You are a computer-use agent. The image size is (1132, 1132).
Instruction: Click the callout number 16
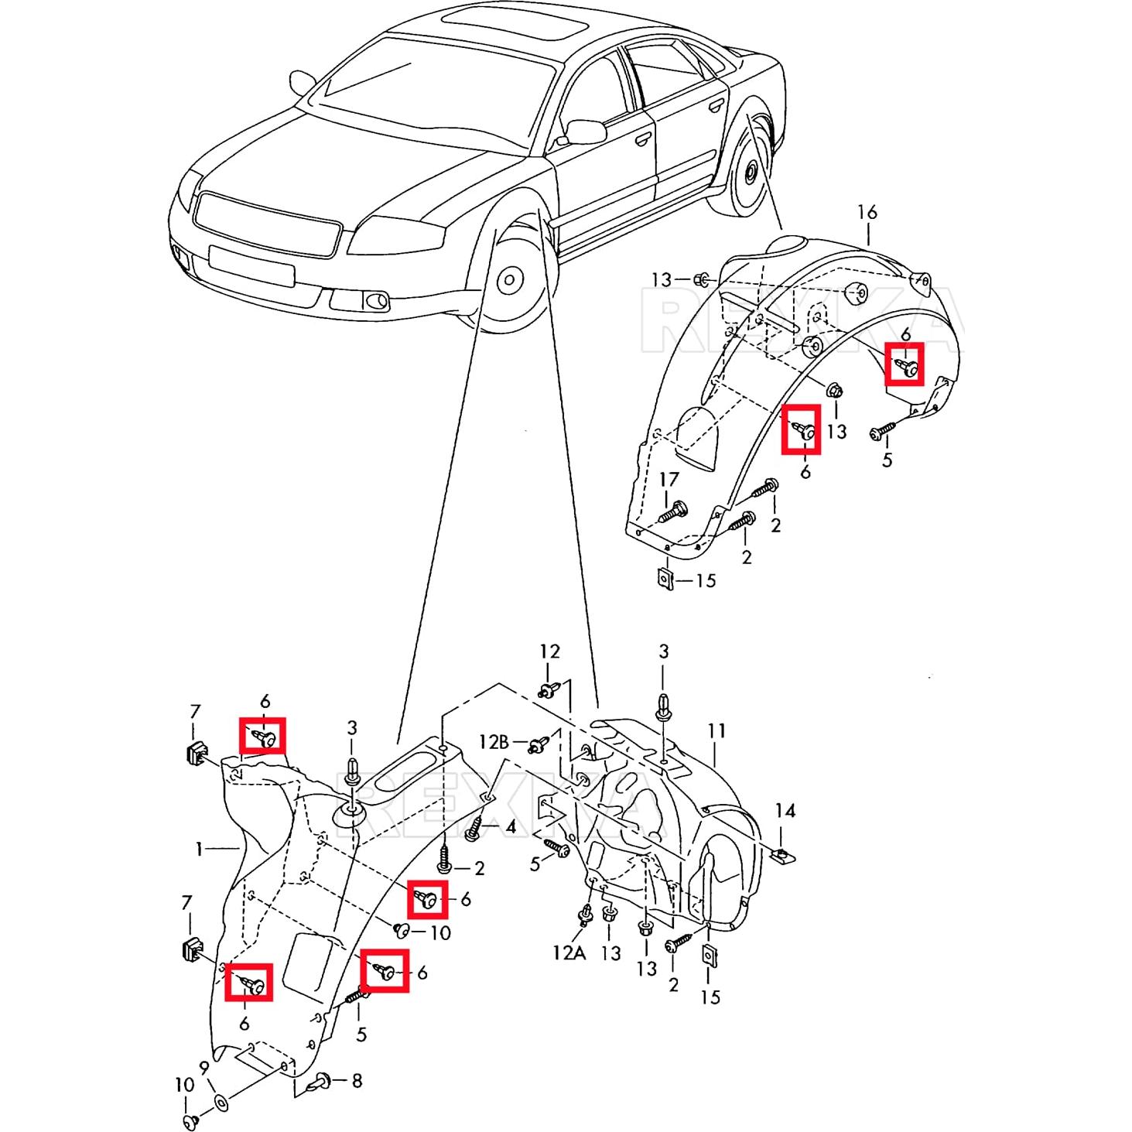tap(867, 212)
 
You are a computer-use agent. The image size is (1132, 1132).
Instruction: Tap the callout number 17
tap(669, 480)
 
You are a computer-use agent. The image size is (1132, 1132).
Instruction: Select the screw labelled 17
tap(672, 511)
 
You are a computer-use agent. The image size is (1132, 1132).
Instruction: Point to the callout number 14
tap(785, 810)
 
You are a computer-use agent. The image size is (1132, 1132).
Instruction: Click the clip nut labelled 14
tap(784, 855)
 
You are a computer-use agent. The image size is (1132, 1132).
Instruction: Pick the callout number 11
tap(716, 730)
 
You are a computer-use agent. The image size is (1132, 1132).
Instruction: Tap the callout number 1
tap(199, 850)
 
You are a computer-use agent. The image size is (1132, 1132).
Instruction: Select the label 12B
tap(494, 742)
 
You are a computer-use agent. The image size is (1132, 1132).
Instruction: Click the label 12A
tap(569, 952)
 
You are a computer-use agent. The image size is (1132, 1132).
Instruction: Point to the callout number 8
tap(357, 1080)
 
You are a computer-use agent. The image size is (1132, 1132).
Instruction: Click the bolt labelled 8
tap(321, 1082)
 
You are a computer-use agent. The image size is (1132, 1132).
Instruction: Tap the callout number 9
tap(204, 1068)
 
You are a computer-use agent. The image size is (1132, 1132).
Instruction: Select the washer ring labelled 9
tap(220, 1102)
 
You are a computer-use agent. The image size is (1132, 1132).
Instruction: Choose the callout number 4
tap(510, 827)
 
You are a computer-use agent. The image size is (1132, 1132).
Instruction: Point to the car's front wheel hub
tap(510, 280)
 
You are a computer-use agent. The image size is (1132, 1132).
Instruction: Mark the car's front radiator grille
tap(267, 225)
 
